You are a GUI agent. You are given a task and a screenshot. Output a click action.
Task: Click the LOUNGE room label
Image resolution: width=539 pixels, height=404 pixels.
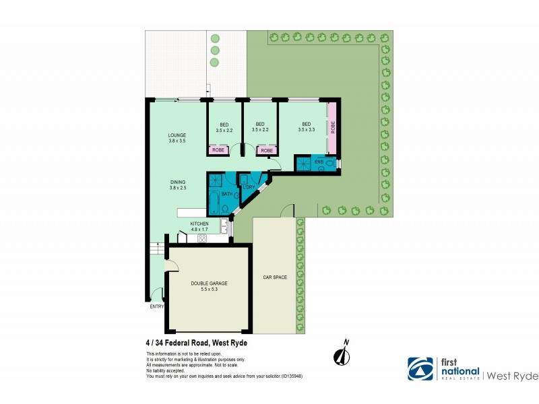pos(177,135)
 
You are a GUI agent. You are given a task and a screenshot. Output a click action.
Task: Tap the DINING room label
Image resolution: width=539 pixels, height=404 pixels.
pos(177,182)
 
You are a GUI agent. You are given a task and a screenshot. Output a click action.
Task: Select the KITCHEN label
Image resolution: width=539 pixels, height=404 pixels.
pos(199,223)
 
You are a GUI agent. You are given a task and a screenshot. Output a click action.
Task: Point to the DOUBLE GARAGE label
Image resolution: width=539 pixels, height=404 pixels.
pos(208,283)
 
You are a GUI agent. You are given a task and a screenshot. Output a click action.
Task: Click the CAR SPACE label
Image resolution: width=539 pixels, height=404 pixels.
pos(275,277)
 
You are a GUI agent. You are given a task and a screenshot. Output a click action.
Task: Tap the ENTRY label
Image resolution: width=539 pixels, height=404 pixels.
pos(156,307)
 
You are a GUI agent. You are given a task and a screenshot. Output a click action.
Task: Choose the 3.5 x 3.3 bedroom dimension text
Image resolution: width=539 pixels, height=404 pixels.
pos(306,130)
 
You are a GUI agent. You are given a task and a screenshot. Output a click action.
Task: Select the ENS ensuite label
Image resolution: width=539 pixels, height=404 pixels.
pos(319,162)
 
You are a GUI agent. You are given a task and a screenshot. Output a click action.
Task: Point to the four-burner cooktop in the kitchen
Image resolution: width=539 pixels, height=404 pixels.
pos(201,238)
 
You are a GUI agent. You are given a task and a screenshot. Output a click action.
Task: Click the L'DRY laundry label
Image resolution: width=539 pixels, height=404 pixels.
pos(249,187)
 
